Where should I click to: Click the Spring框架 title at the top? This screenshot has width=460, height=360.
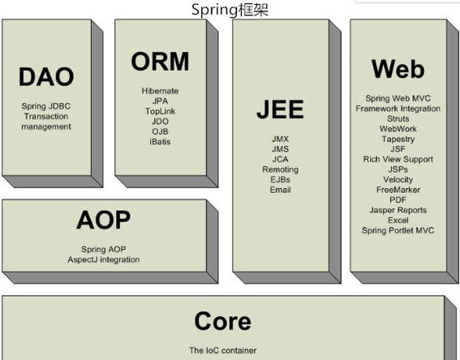click(230, 10)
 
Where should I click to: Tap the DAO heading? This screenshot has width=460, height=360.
click(45, 76)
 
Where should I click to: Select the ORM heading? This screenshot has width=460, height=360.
click(160, 61)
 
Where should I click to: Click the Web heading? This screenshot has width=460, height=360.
click(398, 69)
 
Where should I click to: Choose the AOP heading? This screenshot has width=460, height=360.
click(103, 219)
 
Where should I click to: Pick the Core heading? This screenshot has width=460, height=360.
click(222, 321)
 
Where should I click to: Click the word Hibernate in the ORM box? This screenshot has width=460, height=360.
click(160, 91)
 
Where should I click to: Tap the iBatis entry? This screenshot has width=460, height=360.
click(160, 142)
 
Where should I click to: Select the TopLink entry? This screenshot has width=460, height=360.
click(160, 111)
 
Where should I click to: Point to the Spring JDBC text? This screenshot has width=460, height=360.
click(45, 106)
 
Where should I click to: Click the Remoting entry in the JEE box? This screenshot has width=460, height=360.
click(280, 169)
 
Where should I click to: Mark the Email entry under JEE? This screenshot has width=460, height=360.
click(280, 190)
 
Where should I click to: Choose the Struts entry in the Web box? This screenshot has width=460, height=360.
click(398, 118)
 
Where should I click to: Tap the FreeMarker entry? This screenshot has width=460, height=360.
click(398, 190)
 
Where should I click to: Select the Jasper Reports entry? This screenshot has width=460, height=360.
click(398, 210)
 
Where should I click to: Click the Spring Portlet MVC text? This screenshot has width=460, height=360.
click(398, 230)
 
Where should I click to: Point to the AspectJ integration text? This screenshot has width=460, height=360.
click(103, 259)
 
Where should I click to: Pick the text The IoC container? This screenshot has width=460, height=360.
click(222, 350)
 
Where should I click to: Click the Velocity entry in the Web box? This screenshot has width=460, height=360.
click(398, 180)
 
